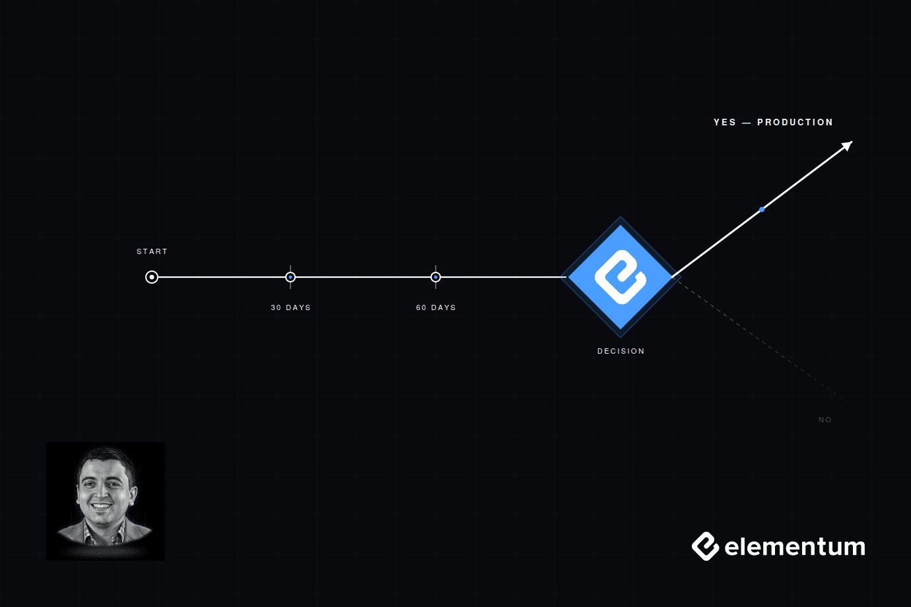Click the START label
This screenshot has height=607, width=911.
pyautogui.click(x=152, y=251)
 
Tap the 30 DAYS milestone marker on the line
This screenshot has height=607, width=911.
pyautogui.click(x=290, y=277)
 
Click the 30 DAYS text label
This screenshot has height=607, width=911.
pyautogui.click(x=290, y=307)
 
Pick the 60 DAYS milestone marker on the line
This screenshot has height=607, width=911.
pyautogui.click(x=436, y=277)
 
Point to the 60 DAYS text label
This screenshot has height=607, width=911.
pyautogui.click(x=436, y=307)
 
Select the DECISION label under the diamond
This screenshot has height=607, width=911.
pyautogui.click(x=621, y=351)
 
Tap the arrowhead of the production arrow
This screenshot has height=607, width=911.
pyautogui.click(x=848, y=146)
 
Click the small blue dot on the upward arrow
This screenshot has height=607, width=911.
pyautogui.click(x=762, y=210)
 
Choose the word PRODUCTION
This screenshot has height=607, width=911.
pyautogui.click(x=795, y=122)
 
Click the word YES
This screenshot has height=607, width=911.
pyautogui.click(x=725, y=122)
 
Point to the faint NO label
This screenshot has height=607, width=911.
pyautogui.click(x=825, y=420)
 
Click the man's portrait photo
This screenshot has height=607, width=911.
pyautogui.click(x=106, y=501)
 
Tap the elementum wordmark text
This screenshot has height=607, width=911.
pyautogui.click(x=795, y=546)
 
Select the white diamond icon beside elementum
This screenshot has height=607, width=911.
pyautogui.click(x=706, y=546)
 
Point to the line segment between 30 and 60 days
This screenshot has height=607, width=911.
pyautogui.click(x=363, y=277)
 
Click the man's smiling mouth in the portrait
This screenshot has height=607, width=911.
pyautogui.click(x=101, y=507)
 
